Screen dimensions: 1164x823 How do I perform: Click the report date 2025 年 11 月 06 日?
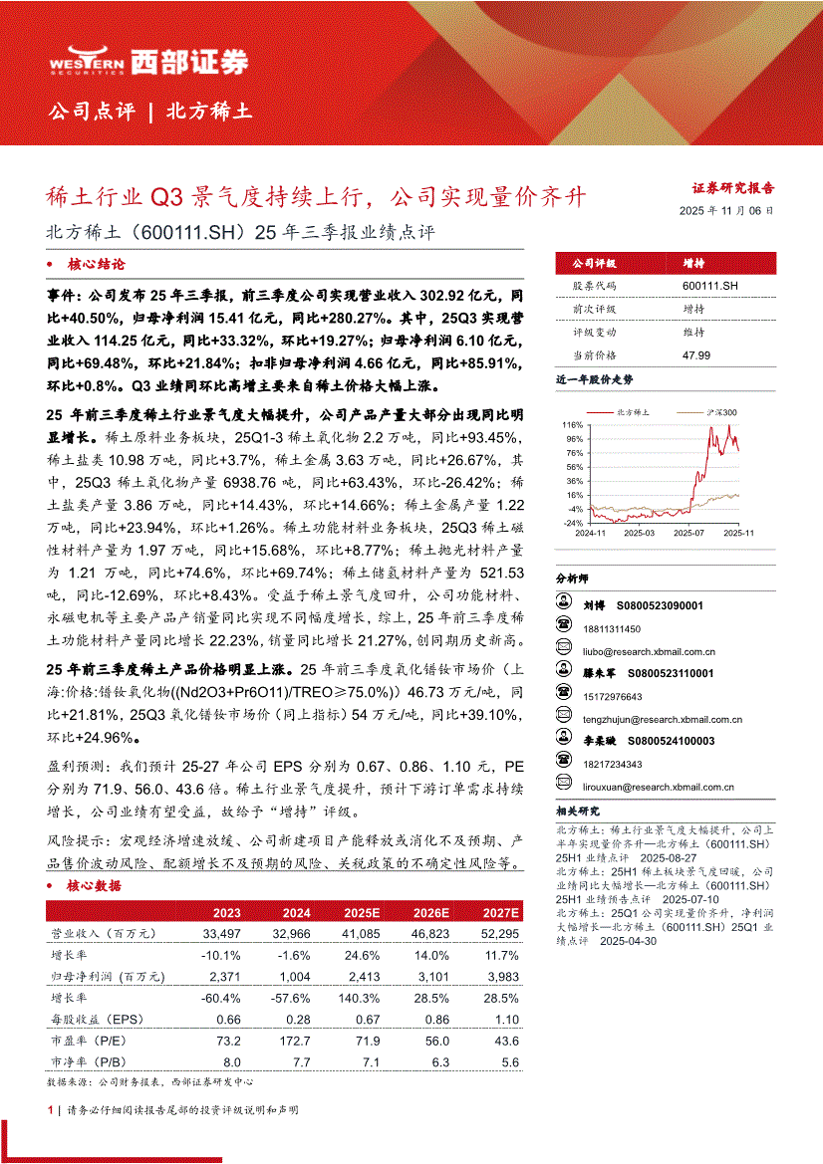point(725,211)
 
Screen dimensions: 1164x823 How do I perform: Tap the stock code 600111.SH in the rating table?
point(709,286)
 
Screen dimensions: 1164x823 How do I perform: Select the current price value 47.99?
point(696,354)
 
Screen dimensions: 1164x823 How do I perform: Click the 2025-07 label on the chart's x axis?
point(688,533)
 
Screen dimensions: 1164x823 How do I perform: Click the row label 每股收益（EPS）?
point(98,1021)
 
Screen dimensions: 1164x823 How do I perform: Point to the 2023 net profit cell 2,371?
point(220,977)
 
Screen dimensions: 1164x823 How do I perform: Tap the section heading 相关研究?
point(578,812)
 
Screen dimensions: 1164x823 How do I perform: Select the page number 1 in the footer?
point(50,1109)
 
